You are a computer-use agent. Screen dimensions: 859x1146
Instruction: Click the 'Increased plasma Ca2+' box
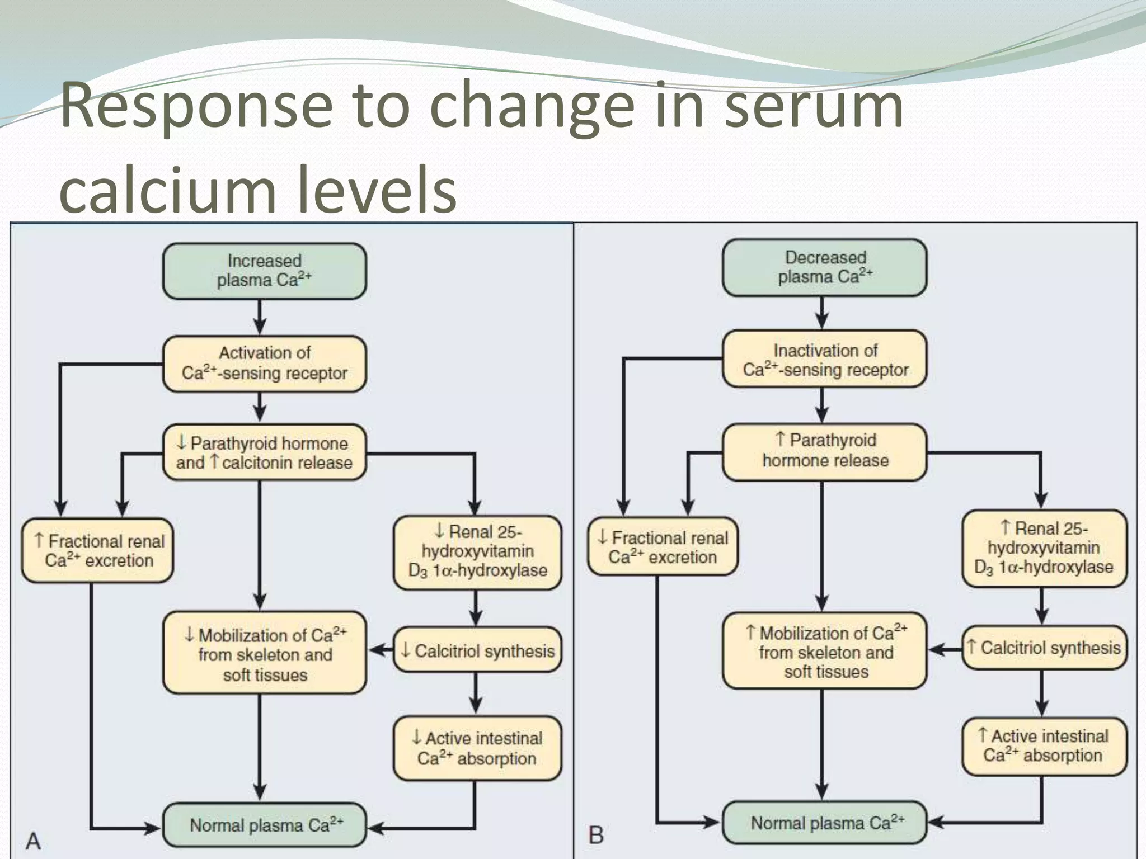(x=264, y=271)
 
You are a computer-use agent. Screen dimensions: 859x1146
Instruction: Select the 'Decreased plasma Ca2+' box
(x=824, y=267)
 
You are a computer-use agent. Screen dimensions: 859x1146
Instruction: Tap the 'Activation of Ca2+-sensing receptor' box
(x=264, y=364)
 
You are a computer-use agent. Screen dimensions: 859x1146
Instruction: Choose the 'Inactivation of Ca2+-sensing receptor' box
(x=824, y=360)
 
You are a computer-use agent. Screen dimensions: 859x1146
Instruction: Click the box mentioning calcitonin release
(x=264, y=452)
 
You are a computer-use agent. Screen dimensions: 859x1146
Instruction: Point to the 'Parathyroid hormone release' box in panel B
(x=824, y=451)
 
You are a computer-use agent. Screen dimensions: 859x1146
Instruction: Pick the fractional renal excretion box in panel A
(x=98, y=550)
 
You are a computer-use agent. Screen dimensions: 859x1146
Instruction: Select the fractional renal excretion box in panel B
(x=663, y=547)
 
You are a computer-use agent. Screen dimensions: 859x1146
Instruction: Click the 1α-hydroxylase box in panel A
(x=477, y=551)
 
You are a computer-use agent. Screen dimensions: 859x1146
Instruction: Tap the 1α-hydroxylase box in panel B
(x=1044, y=548)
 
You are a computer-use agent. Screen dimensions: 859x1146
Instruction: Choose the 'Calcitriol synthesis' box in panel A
(x=477, y=650)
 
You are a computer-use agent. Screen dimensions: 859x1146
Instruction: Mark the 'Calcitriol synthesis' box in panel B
(x=1044, y=648)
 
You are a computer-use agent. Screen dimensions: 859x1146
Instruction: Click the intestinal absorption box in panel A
(x=477, y=748)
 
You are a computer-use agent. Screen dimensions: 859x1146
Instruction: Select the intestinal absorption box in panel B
(x=1044, y=746)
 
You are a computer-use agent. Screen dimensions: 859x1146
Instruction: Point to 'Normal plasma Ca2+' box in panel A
(x=264, y=825)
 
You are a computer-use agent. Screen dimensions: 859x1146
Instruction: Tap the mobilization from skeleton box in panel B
(x=824, y=652)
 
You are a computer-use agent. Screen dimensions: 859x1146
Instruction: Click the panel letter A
(x=34, y=841)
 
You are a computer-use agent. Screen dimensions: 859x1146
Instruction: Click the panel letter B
(x=596, y=836)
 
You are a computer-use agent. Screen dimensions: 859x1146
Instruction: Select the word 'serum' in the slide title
(x=814, y=105)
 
